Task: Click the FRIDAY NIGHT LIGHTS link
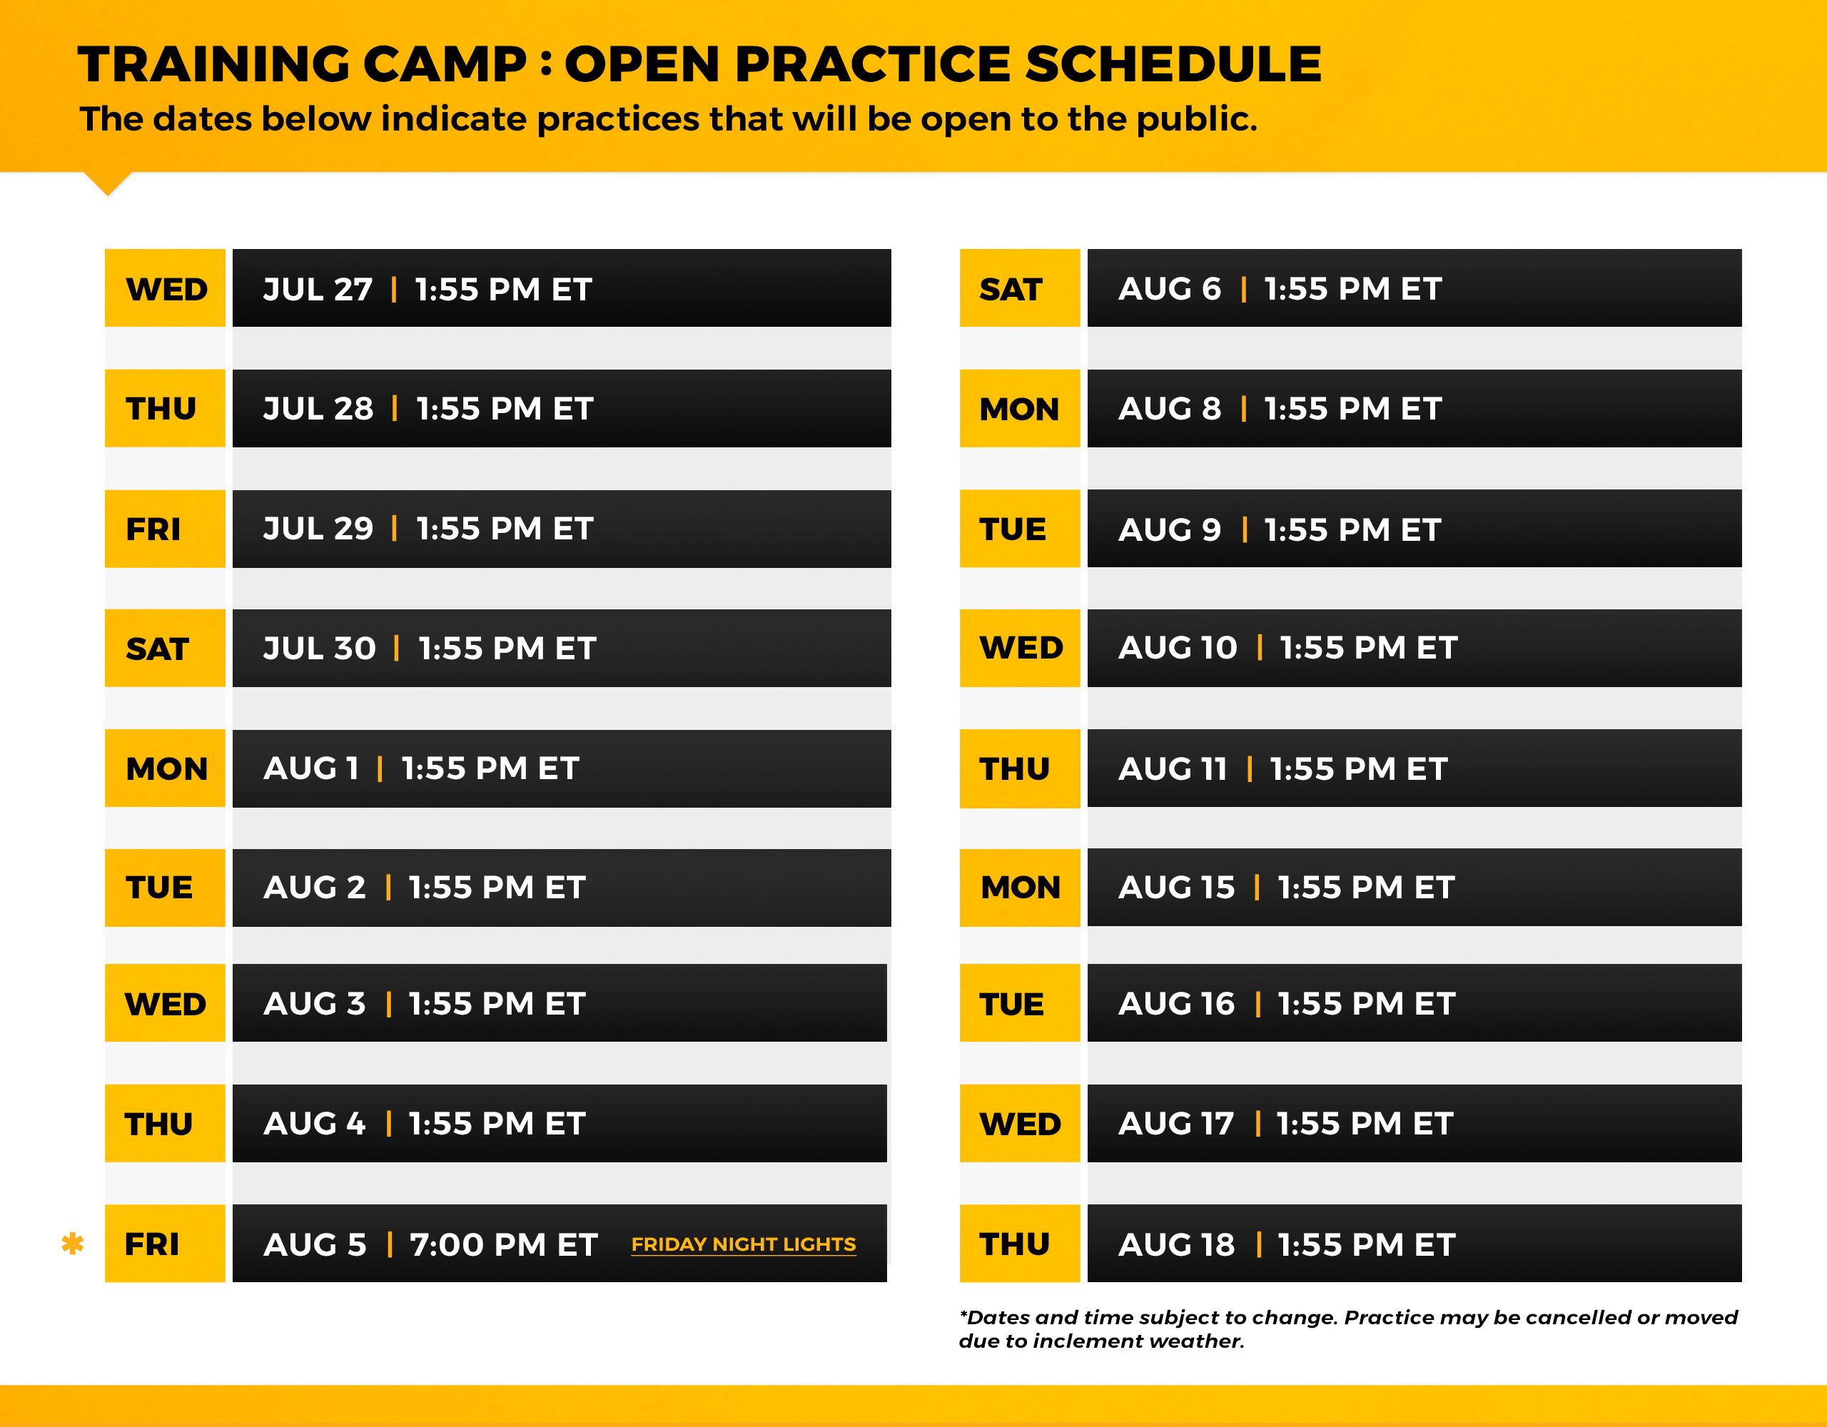point(743,1244)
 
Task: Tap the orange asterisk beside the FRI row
point(73,1244)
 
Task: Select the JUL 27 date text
point(318,290)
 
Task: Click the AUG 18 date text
point(1176,1244)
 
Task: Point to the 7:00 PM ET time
point(504,1244)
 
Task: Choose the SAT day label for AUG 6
point(1011,290)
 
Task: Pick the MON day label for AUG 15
point(1021,887)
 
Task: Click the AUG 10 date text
point(1178,647)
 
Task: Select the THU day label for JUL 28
point(161,409)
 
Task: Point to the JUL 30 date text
point(320,649)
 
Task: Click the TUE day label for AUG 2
point(159,887)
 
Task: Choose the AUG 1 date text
point(311,768)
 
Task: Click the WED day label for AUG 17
point(1021,1123)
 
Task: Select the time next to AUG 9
point(1352,529)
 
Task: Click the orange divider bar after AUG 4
point(389,1123)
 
